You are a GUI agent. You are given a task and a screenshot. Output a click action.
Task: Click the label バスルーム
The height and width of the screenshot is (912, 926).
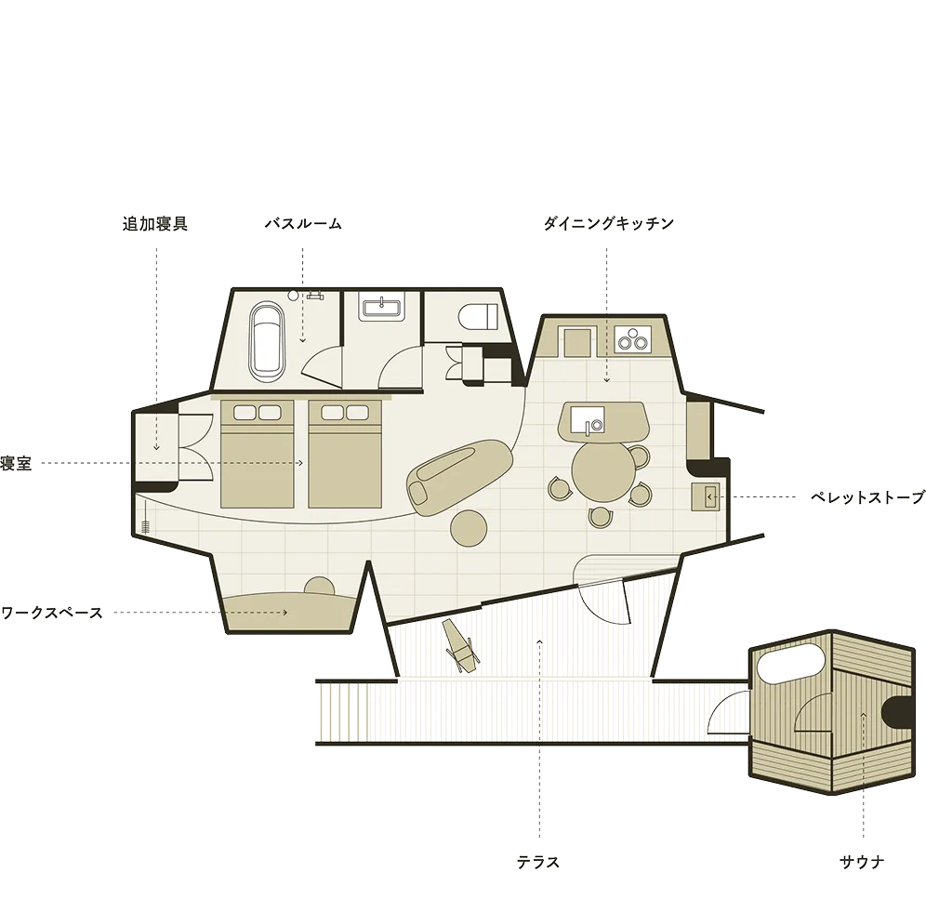(303, 224)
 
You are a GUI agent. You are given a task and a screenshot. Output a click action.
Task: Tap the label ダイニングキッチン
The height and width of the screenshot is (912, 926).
(608, 224)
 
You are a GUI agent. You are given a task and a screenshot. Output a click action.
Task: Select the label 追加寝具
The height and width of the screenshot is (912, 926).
(155, 224)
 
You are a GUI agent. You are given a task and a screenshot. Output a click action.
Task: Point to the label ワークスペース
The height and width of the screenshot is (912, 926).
(52, 614)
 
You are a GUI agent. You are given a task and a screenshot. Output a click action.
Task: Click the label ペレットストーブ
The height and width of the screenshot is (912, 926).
(866, 497)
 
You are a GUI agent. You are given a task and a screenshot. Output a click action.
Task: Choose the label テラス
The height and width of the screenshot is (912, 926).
(538, 863)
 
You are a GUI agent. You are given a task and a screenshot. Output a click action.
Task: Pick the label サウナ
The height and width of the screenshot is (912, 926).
(862, 863)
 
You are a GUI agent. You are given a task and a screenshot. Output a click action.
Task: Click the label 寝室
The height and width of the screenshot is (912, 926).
(16, 463)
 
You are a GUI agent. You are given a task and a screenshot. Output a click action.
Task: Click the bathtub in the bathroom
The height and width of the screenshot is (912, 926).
(266, 341)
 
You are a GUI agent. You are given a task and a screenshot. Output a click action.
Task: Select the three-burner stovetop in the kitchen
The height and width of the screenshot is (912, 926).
(632, 340)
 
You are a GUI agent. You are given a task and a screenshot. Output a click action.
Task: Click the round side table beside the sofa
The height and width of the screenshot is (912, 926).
(469, 527)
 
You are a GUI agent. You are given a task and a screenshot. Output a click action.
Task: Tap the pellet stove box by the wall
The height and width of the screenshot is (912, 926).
(705, 496)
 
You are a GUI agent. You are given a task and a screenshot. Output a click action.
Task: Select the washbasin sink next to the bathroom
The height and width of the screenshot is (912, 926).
(382, 308)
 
